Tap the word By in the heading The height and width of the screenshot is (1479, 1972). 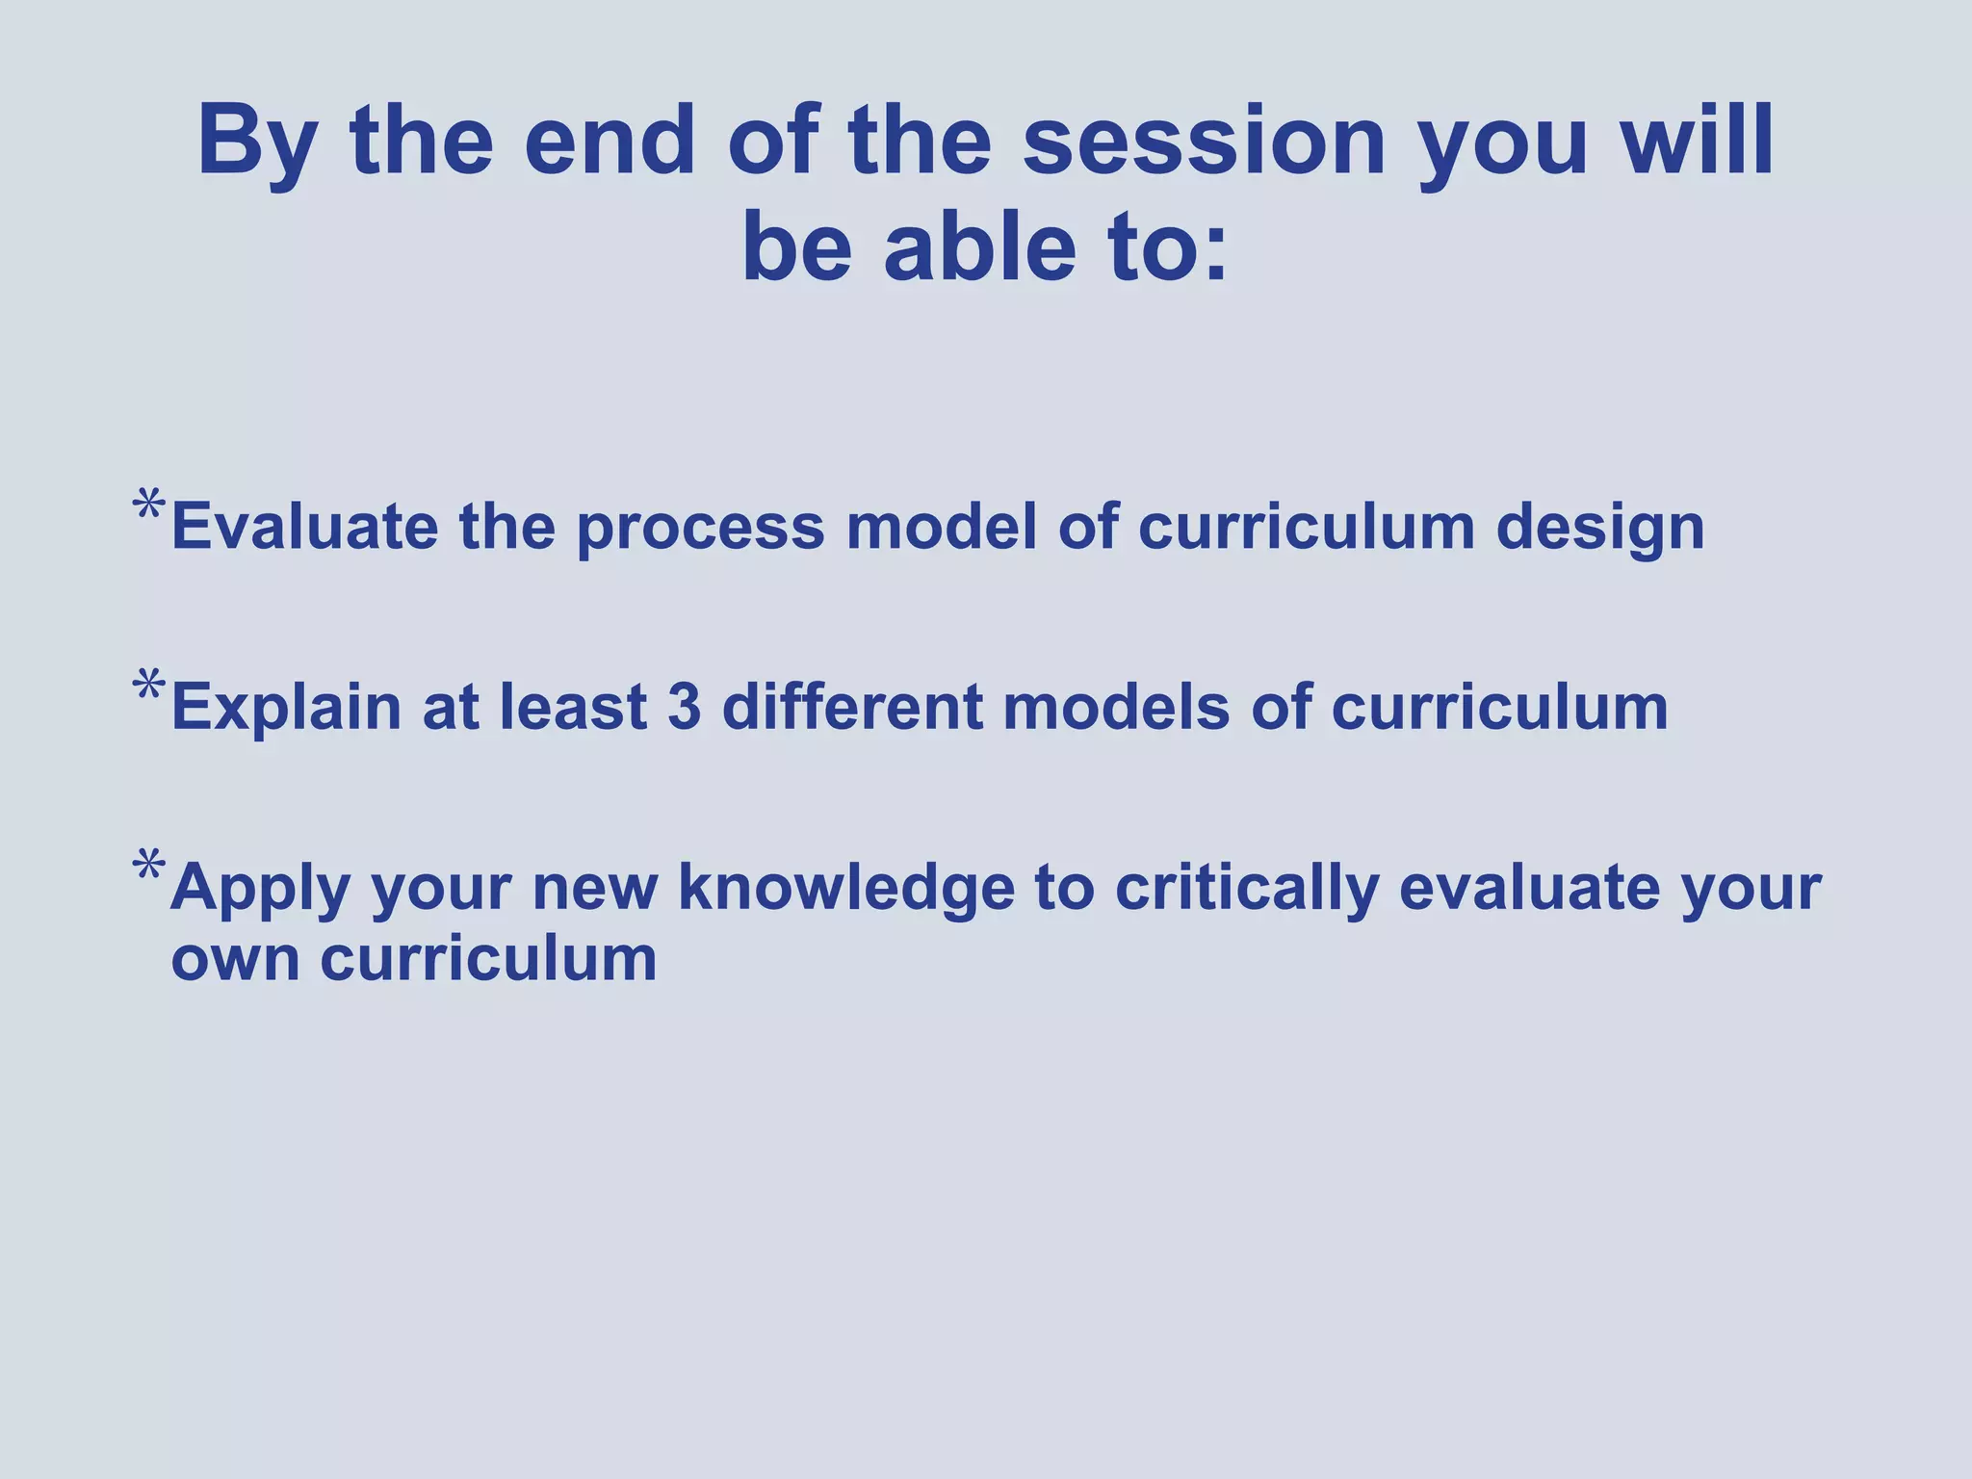point(256,144)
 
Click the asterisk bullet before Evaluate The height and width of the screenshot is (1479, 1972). point(149,506)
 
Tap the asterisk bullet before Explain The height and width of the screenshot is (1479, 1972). point(149,687)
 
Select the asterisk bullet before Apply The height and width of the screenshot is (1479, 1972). point(149,867)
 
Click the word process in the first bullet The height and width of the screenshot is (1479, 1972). point(701,530)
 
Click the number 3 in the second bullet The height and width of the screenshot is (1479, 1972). point(684,708)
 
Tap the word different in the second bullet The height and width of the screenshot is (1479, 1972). point(852,708)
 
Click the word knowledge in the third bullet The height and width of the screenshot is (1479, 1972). point(845,887)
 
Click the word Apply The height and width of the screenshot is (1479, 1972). point(260,889)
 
